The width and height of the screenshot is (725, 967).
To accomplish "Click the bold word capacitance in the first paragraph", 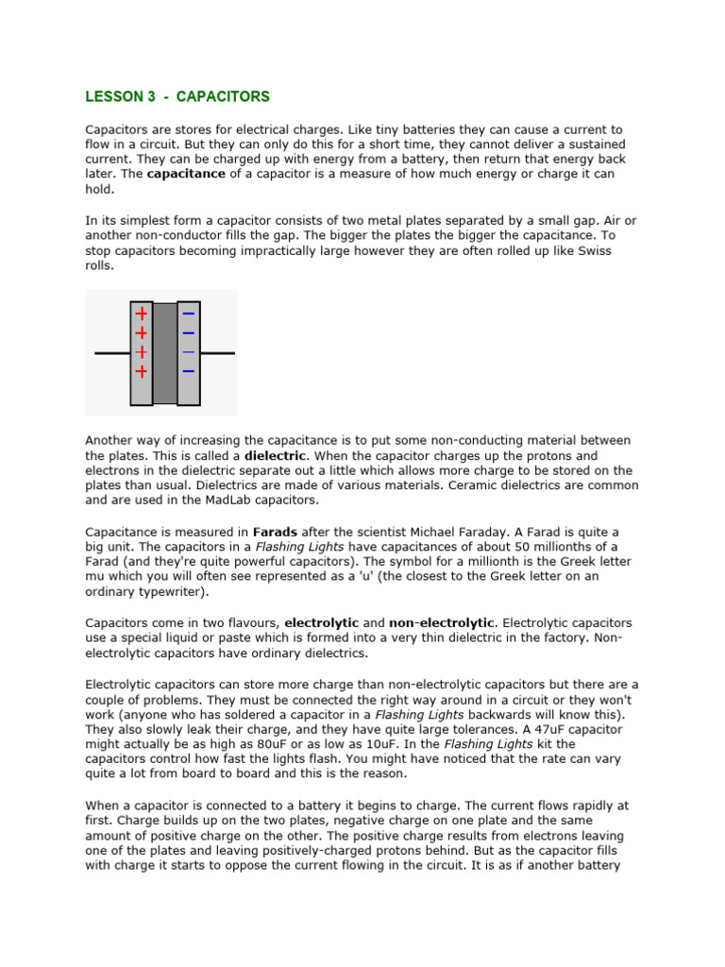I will (x=186, y=174).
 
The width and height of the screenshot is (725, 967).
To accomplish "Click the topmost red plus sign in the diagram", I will (x=141, y=314).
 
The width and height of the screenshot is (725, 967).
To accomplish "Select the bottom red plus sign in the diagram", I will (x=141, y=371).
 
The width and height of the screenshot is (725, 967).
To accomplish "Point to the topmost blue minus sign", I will (x=189, y=314).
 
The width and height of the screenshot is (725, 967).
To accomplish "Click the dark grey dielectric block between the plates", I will (x=165, y=353).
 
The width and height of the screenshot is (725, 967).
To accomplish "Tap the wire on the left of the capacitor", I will (x=111, y=353).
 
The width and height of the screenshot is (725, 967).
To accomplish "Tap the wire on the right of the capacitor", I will (x=217, y=353).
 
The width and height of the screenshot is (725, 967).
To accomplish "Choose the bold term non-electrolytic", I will (x=442, y=623).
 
